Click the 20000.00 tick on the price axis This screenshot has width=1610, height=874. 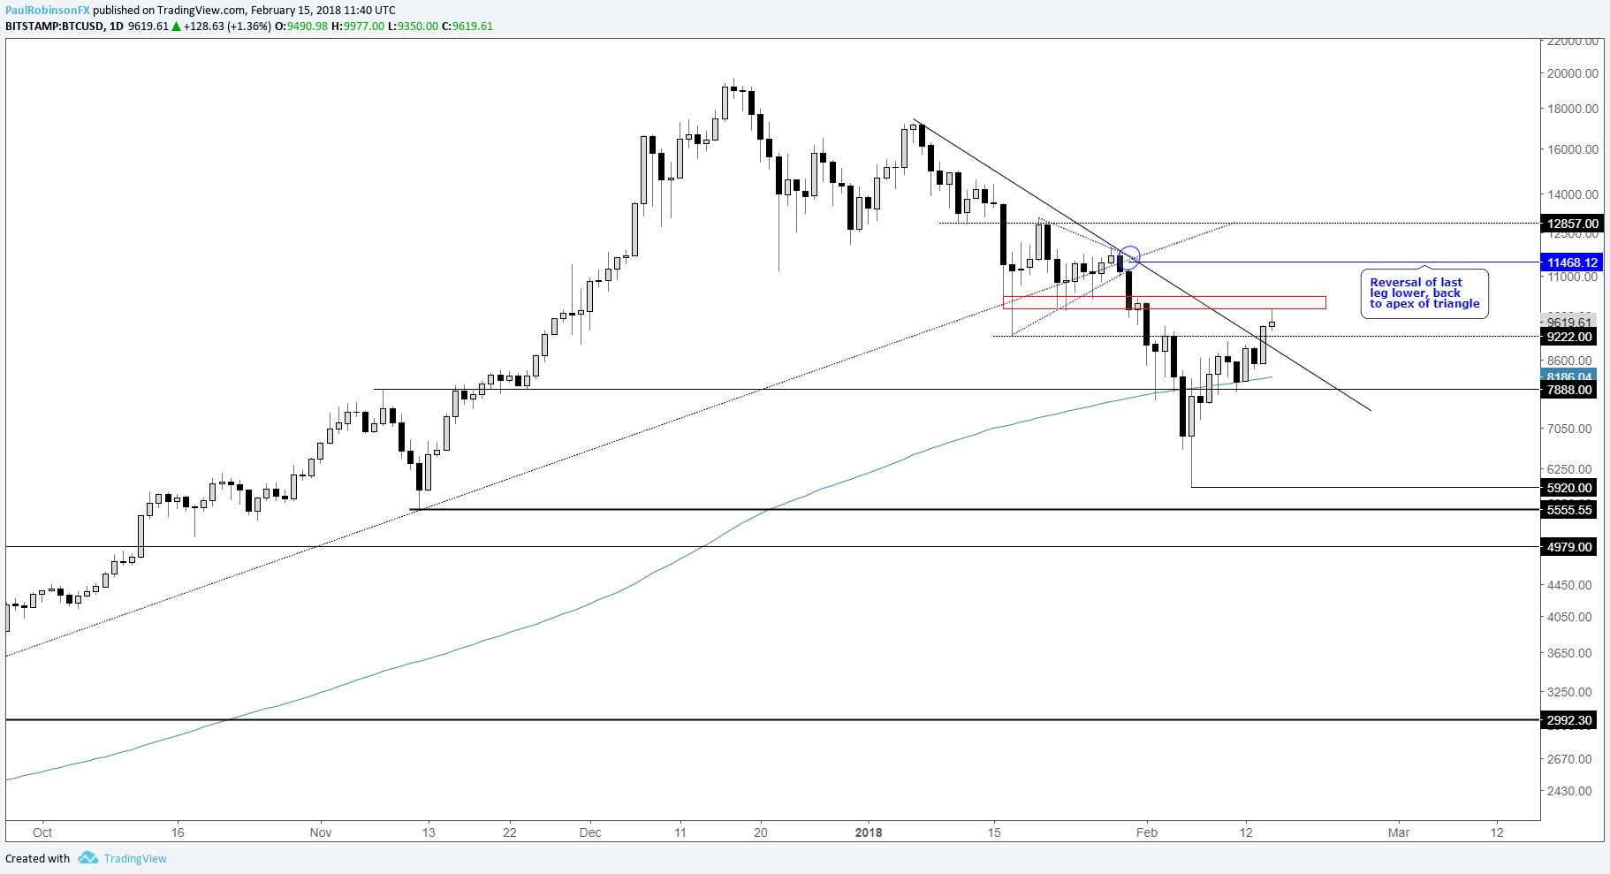(1572, 73)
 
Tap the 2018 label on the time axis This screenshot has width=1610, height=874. (869, 832)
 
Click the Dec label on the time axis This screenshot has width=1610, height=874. (590, 832)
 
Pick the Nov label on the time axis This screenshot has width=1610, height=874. (321, 832)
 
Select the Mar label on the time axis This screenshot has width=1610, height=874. (1399, 832)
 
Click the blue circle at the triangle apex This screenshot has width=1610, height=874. (1129, 257)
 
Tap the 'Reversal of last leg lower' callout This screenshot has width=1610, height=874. (1424, 293)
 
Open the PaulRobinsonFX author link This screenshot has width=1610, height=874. (47, 10)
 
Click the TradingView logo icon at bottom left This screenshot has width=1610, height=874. (87, 858)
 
